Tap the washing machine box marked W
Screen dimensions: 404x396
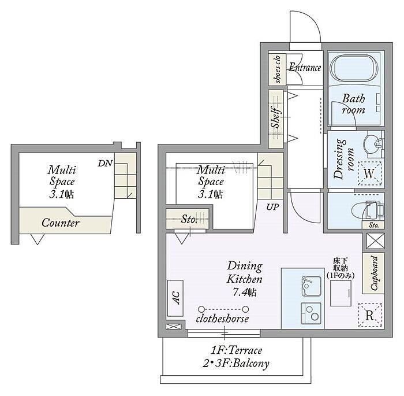pos(369,173)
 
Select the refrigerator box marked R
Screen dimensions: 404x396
pos(370,315)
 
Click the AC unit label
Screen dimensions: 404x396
pos(175,298)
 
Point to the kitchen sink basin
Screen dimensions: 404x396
pos(311,286)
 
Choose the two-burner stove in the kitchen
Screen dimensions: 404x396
pos(311,313)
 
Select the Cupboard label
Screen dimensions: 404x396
pos(374,273)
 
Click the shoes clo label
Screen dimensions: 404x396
pos(278,69)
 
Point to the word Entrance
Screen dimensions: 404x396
pos(305,68)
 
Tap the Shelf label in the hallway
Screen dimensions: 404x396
pos(276,118)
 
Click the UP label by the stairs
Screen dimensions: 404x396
pos(272,207)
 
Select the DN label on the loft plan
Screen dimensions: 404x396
pos(105,163)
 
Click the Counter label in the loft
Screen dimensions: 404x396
pos(60,223)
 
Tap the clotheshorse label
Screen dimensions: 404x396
pos(222,319)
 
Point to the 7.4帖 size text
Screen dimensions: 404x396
pos(245,292)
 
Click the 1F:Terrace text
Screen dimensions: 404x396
pos(236,350)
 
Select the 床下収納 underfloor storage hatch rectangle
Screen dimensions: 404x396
pos(341,293)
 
